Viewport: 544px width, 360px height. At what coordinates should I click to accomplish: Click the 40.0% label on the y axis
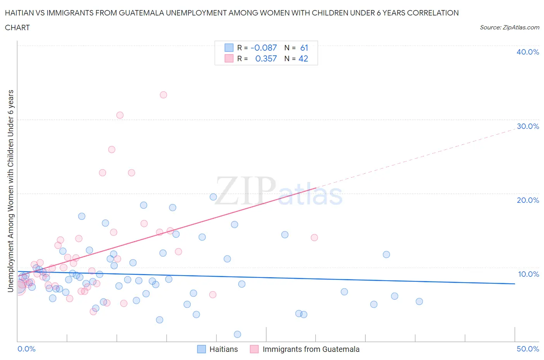pos(527,52)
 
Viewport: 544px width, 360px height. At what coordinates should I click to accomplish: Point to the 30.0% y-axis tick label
pos(527,126)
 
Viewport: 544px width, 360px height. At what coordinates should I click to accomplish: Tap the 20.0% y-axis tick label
pos(527,200)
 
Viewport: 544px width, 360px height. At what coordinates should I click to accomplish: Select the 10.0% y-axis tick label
pos(528,274)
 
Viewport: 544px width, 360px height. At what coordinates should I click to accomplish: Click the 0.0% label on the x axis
pos(26,349)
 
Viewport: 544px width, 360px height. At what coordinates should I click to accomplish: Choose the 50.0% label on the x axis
pos(528,349)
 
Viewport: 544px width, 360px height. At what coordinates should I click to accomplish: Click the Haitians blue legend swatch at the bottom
pos(201,349)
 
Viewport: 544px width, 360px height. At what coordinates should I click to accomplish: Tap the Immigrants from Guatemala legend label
pos(311,349)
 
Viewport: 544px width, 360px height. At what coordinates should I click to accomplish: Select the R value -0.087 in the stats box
pos(263,48)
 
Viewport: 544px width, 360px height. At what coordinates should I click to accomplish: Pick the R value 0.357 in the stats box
pos(266,58)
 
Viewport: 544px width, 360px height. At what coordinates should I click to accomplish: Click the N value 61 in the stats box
pos(304,48)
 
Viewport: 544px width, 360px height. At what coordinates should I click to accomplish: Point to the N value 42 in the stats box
pos(303,58)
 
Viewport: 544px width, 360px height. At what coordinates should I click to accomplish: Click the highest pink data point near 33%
pos(163,95)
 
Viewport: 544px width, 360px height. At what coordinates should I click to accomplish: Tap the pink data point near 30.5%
pos(120,115)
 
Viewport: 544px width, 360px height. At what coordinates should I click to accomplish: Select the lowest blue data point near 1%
pos(238,334)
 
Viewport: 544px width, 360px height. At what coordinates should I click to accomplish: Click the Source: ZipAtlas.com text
pos(509,27)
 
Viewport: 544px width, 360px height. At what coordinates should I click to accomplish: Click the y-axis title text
pos(10,191)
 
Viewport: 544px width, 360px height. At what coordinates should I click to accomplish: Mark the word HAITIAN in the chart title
pos(20,13)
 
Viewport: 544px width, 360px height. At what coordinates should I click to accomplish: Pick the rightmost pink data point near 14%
pos(314,238)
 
